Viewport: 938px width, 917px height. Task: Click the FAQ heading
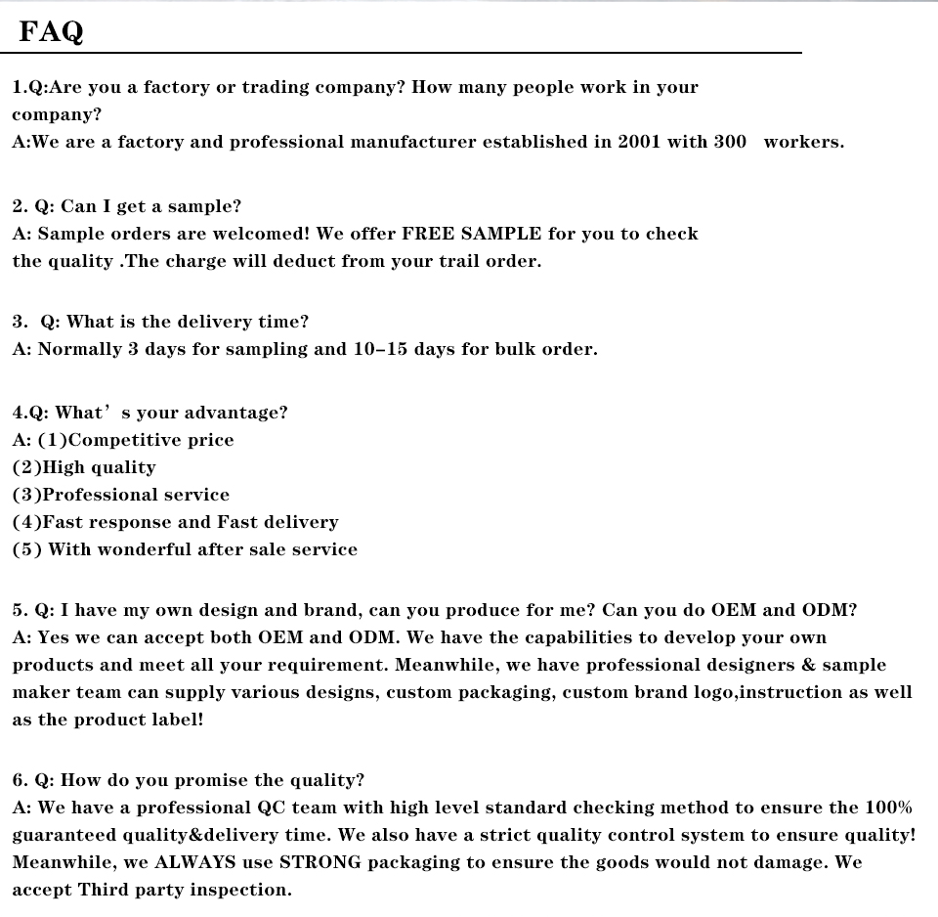point(52,32)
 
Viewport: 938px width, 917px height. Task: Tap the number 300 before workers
point(730,142)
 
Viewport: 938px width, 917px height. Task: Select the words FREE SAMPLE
point(472,234)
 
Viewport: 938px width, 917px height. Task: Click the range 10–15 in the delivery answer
point(380,349)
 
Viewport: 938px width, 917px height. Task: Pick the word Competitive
point(121,440)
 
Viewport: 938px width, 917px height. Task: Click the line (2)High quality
point(84,467)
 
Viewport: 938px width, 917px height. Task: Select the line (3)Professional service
point(121,495)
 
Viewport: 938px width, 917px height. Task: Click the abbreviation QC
point(271,808)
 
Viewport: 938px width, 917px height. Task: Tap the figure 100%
point(888,808)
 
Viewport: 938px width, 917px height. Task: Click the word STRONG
point(320,862)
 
